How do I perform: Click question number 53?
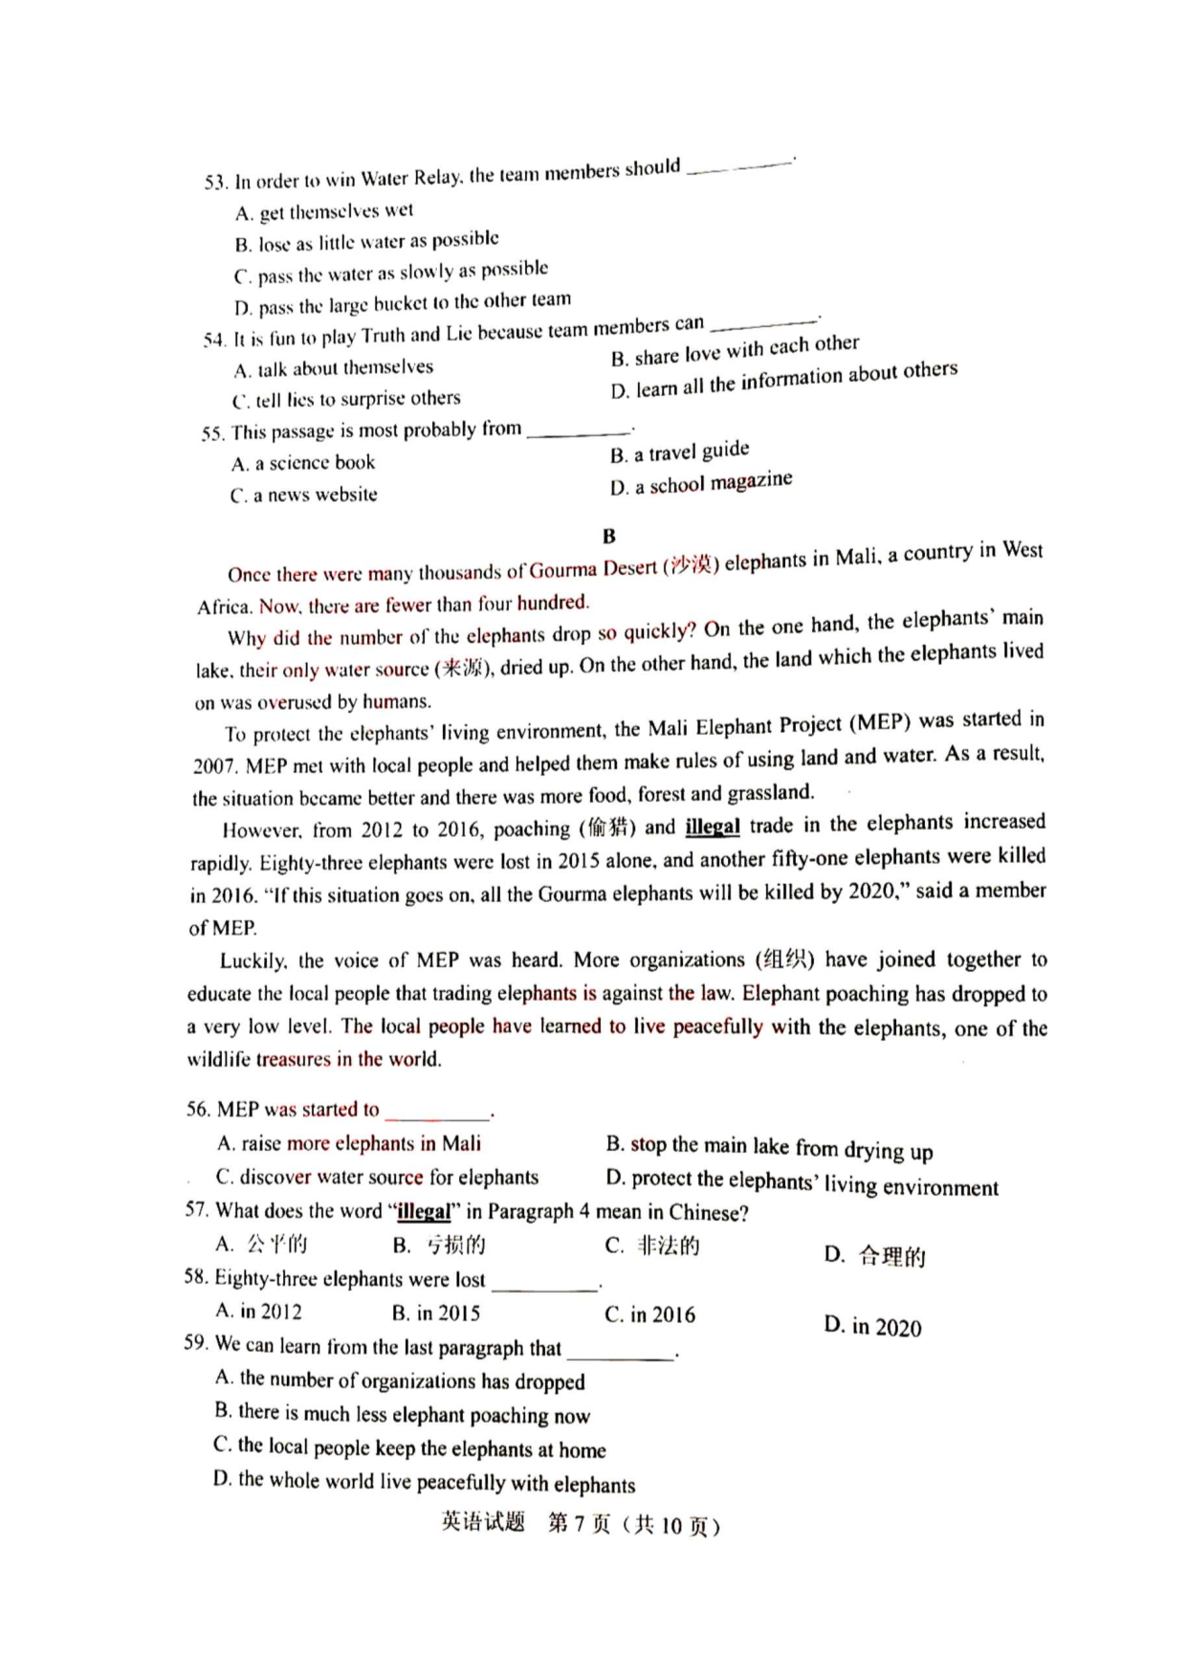tap(215, 182)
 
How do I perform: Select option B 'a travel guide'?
tap(680, 452)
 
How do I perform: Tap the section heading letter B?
tap(609, 536)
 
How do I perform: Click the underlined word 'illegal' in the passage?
tap(713, 827)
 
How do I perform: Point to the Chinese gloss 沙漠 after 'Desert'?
tap(691, 564)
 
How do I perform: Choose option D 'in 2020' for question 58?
tap(873, 1327)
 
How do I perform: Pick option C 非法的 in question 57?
tap(652, 1246)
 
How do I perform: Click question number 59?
tap(196, 1343)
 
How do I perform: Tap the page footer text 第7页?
tap(578, 1523)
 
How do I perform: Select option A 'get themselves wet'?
tap(324, 211)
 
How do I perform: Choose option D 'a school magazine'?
tap(701, 483)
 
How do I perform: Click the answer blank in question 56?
tap(437, 1112)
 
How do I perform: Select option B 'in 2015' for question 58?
tap(436, 1313)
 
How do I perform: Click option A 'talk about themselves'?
tap(334, 368)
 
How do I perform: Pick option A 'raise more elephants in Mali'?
tap(349, 1143)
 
